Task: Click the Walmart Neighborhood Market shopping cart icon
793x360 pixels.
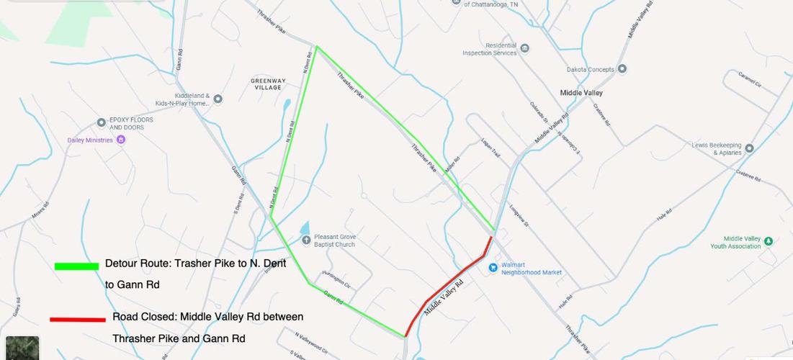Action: pyautogui.click(x=493, y=268)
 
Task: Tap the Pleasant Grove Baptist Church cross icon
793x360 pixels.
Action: pyautogui.click(x=306, y=240)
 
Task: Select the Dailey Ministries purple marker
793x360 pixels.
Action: pyautogui.click(x=121, y=140)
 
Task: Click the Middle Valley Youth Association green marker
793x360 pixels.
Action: pyautogui.click(x=769, y=240)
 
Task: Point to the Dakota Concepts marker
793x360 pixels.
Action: pyautogui.click(x=622, y=69)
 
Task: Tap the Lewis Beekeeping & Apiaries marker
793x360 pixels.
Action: pyautogui.click(x=749, y=148)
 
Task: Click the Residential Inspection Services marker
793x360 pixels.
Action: pyautogui.click(x=525, y=49)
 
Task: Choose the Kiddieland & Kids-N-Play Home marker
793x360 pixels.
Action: pyautogui.click(x=218, y=99)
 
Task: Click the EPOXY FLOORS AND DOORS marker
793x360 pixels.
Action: pyautogui.click(x=102, y=123)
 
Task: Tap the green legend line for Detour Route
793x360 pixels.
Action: pyautogui.click(x=76, y=266)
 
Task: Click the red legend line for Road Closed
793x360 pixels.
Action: pyautogui.click(x=78, y=319)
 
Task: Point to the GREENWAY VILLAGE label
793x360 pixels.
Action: pyautogui.click(x=268, y=84)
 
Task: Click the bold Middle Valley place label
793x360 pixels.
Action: pyautogui.click(x=581, y=93)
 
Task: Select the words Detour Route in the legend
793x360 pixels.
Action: pyautogui.click(x=137, y=264)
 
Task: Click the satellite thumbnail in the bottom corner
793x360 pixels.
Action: pyautogui.click(x=22, y=348)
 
